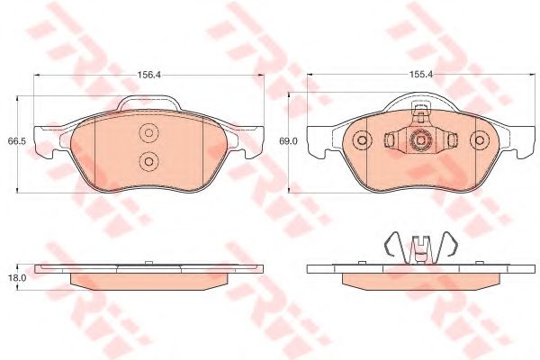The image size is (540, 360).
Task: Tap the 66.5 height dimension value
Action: click(x=14, y=141)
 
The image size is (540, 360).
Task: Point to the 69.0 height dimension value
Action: click(x=288, y=141)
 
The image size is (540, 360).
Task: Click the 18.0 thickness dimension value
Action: click(x=14, y=280)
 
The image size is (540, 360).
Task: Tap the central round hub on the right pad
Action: click(x=419, y=140)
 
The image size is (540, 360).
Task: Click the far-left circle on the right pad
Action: click(x=362, y=140)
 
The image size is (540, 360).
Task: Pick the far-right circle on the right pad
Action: click(x=477, y=140)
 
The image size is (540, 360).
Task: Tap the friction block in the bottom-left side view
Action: click(x=149, y=280)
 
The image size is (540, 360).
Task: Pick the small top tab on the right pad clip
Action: click(x=419, y=110)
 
